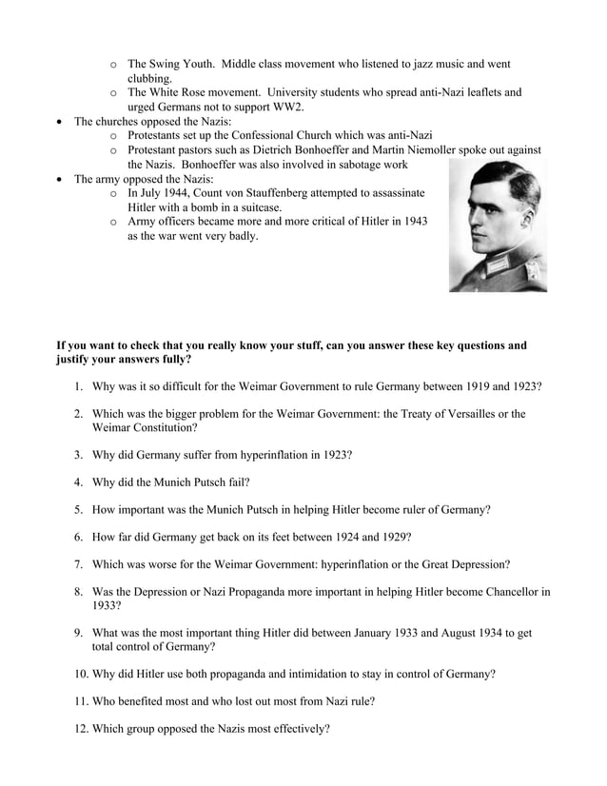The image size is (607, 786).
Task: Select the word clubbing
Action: [x=150, y=78]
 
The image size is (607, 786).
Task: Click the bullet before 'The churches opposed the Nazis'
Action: [x=62, y=122]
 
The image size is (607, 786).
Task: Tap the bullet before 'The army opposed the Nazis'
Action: [x=62, y=179]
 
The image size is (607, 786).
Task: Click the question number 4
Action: [x=79, y=482]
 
